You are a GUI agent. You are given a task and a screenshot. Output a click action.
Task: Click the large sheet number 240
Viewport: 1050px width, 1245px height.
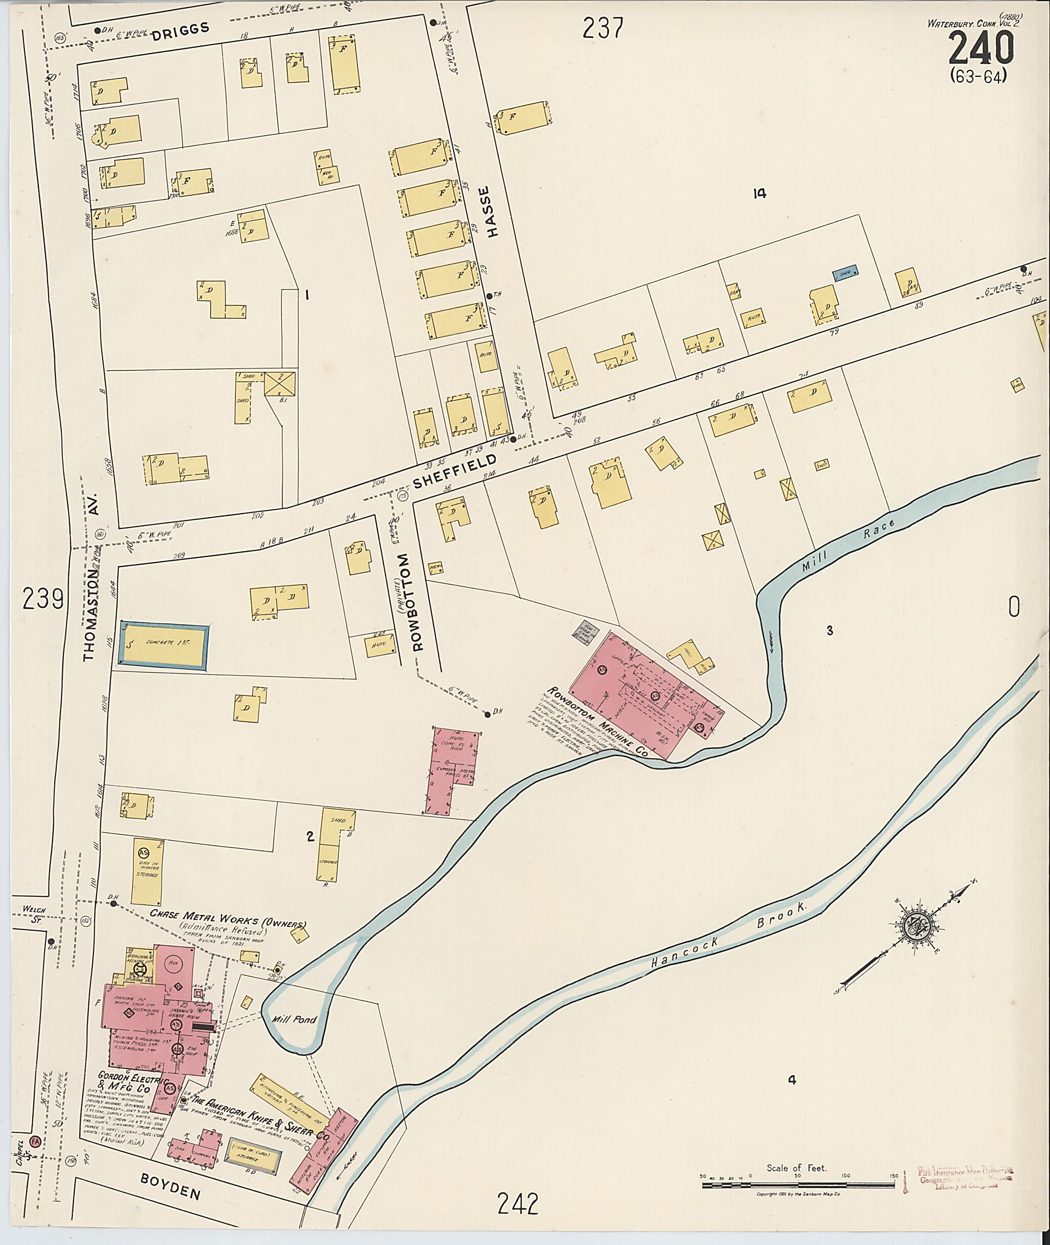[x=980, y=48]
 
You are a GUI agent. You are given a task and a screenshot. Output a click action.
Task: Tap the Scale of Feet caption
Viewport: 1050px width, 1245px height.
[x=797, y=1168]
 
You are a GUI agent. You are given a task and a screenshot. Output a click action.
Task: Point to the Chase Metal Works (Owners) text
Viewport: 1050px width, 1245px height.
[x=228, y=928]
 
